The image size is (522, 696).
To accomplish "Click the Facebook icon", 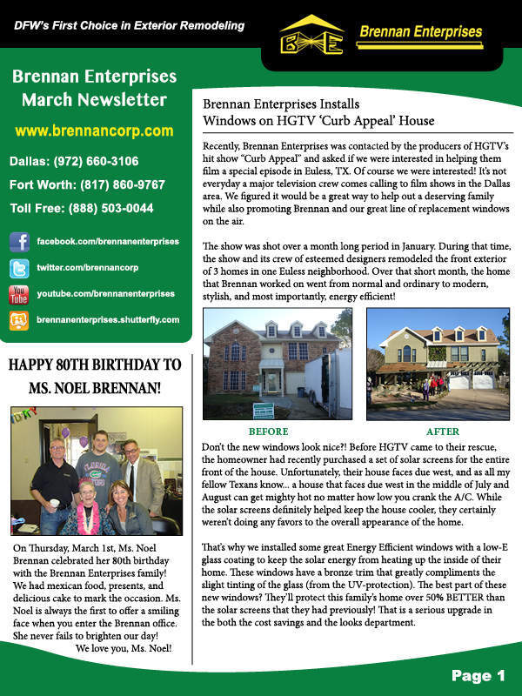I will coord(19,241).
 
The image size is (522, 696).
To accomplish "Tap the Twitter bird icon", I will coord(19,268).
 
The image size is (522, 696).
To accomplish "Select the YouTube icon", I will coord(19,294).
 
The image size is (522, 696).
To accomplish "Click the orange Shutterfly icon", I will coord(19,320).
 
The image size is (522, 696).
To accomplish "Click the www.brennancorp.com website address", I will coord(94,131).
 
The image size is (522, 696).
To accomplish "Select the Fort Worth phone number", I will coord(87,184).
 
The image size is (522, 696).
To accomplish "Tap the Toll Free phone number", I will coord(82,208).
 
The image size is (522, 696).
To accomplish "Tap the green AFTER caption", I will coord(443,431).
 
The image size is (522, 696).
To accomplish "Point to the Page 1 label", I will coord(478,675).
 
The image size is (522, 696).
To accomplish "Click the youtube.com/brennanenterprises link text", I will coord(105,294).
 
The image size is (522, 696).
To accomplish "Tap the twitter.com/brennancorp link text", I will coord(87,268).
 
